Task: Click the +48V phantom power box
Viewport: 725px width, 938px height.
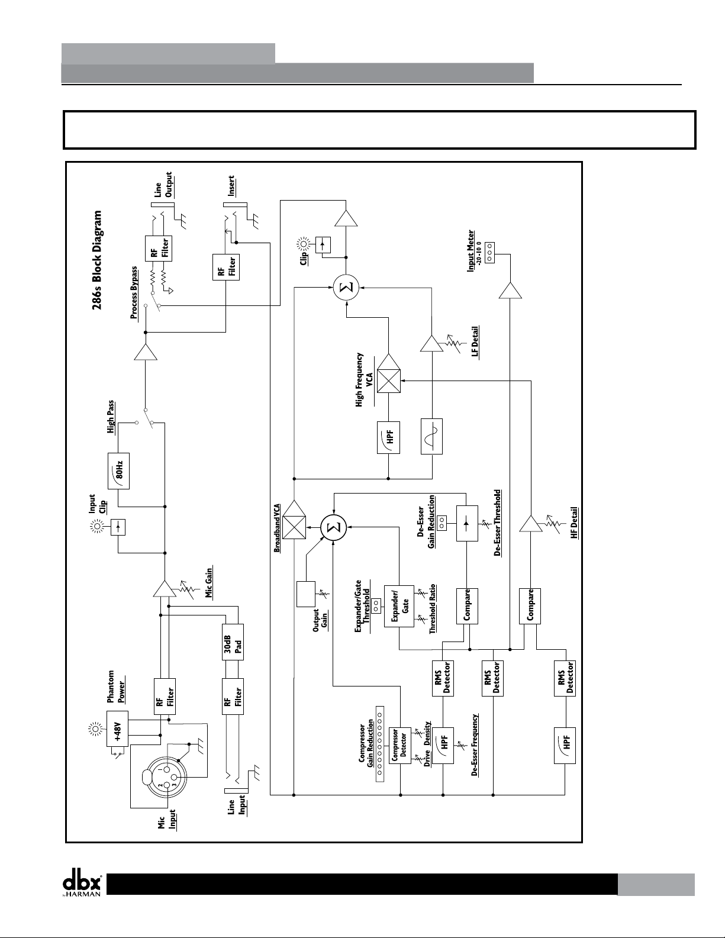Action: (117, 729)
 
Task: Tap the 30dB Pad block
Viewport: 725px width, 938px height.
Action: (233, 642)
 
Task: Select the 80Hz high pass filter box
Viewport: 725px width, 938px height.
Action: (118, 470)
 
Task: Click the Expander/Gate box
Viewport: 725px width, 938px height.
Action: (399, 606)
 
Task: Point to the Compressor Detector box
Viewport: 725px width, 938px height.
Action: (399, 746)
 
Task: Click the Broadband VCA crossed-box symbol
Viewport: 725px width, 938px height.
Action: (294, 526)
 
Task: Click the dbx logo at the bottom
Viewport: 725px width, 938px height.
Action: (82, 883)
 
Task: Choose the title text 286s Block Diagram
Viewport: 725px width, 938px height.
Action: (98, 260)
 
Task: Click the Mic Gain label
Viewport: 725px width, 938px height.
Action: (208, 582)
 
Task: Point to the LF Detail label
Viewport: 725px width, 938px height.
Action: (475, 341)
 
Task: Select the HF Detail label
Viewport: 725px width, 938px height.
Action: (573, 523)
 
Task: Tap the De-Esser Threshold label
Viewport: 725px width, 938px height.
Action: (498, 523)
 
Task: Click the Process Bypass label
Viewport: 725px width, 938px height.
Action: (134, 293)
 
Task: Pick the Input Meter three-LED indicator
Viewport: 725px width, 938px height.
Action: (489, 253)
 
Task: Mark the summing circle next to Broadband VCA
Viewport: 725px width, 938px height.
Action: (334, 527)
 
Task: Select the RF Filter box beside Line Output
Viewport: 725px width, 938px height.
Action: (159, 248)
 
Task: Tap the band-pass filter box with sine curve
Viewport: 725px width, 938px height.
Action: (431, 436)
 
